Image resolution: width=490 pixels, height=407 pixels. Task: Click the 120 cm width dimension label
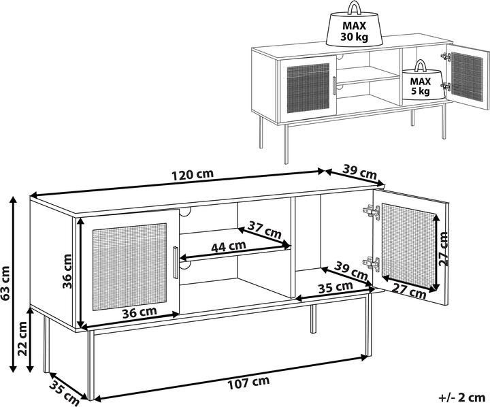193,174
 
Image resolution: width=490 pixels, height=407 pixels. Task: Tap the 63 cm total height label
6,283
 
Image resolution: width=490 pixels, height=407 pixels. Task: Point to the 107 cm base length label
248,382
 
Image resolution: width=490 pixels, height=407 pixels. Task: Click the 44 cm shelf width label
229,246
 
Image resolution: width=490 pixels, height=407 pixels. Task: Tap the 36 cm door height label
67,271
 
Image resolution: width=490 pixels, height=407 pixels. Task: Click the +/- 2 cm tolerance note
461,398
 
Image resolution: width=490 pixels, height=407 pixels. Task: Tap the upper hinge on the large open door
372,212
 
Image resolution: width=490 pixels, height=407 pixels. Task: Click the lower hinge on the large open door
372,264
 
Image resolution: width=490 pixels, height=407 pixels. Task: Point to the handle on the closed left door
176,262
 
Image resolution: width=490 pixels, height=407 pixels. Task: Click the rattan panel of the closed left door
129,267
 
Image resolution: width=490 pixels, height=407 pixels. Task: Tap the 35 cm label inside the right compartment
336,287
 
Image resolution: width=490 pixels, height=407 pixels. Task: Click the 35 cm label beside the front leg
64,392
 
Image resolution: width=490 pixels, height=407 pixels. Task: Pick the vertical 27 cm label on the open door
443,249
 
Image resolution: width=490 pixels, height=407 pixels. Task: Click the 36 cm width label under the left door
139,312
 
